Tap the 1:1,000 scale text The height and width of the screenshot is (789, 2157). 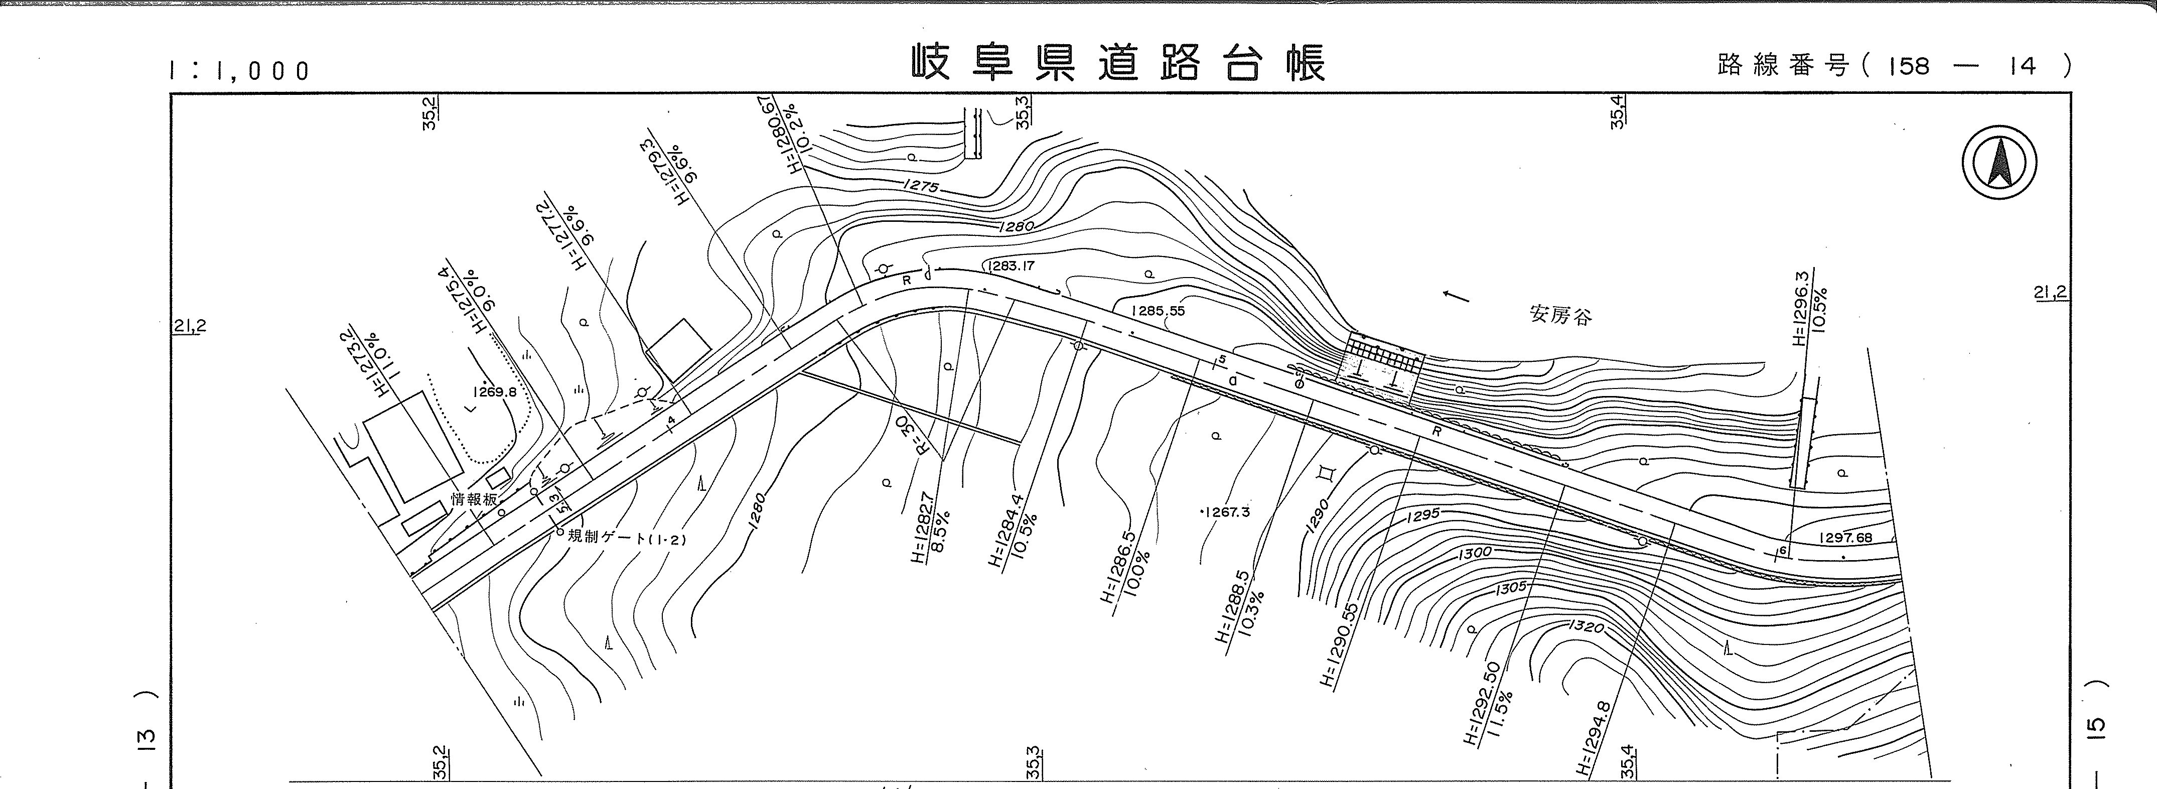(x=239, y=70)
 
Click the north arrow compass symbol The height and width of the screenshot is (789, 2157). (x=1999, y=162)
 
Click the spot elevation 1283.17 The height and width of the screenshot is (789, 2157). (x=1012, y=267)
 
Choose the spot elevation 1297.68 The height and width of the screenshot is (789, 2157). (x=1845, y=538)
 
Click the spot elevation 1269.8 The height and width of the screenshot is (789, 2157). (x=494, y=391)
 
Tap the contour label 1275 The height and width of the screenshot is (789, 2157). (x=921, y=187)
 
